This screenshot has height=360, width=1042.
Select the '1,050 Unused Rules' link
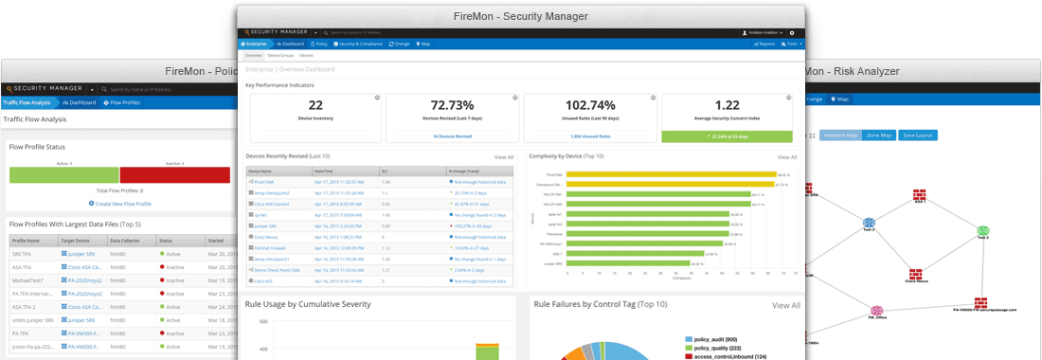(590, 136)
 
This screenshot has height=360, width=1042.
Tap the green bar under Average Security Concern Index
(727, 136)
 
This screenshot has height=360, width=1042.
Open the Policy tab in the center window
(319, 44)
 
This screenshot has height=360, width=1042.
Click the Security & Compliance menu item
(358, 44)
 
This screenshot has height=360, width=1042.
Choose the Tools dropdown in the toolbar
(793, 44)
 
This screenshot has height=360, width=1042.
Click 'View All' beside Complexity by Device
(787, 157)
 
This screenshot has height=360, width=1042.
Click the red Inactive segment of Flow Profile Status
(175, 174)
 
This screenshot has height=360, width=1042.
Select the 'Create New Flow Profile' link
(120, 204)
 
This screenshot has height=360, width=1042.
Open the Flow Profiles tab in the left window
(124, 102)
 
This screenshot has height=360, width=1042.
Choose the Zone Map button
(878, 135)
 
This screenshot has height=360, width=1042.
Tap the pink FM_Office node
(877, 312)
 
